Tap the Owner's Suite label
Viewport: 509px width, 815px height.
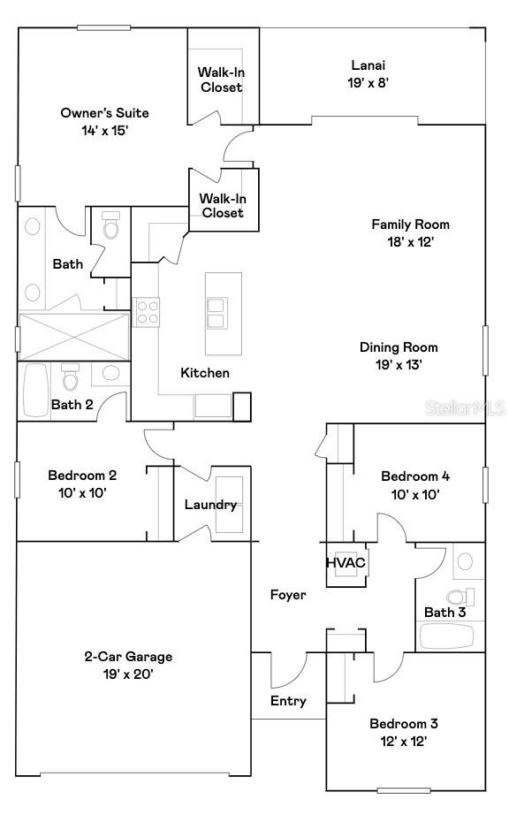[104, 113]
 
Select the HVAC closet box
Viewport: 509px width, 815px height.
[346, 563]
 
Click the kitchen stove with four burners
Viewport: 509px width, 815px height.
[147, 312]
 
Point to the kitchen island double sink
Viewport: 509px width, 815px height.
[216, 312]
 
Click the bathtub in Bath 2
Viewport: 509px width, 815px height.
[36, 390]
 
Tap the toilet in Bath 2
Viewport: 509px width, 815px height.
[71, 379]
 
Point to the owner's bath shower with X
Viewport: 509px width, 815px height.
[73, 336]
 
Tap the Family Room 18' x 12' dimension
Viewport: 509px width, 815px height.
[410, 240]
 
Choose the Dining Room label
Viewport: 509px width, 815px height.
[399, 347]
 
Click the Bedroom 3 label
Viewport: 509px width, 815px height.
[403, 724]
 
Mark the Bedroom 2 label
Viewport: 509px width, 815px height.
[81, 475]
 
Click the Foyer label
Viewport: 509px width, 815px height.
[288, 595]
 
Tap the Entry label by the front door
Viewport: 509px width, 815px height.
[288, 701]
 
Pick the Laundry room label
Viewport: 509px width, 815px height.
[210, 505]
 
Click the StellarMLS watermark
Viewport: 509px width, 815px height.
[465, 408]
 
